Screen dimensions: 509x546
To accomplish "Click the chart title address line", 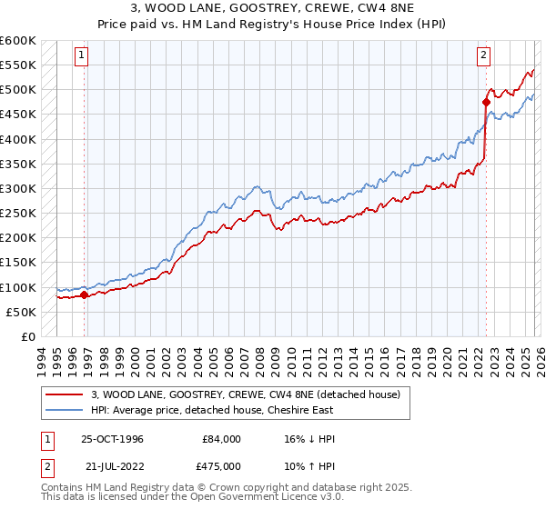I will (x=272, y=8).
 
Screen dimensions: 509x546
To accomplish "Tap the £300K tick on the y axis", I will (x=18, y=189).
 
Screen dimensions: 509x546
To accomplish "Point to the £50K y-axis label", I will (x=21, y=312).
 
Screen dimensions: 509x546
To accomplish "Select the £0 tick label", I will (x=27, y=336).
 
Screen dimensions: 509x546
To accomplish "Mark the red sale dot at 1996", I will (x=85, y=294).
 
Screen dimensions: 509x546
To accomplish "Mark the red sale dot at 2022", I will (x=486, y=103).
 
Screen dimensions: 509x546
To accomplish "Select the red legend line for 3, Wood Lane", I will (x=65, y=394).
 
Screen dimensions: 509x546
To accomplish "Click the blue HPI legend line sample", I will (x=65, y=409).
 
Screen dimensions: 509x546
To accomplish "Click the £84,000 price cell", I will (x=222, y=439).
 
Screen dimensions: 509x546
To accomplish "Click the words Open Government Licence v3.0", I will (x=268, y=499).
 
